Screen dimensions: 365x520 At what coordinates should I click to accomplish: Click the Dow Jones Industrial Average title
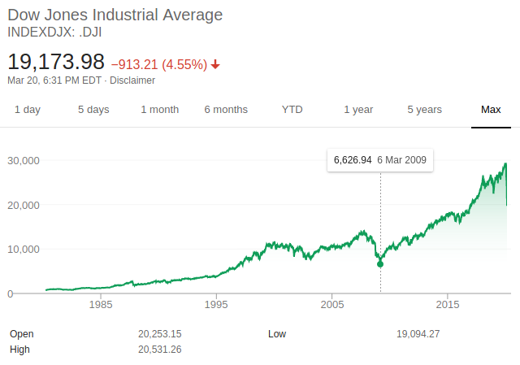click(115, 15)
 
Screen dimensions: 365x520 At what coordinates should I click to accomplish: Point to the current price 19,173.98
click(56, 62)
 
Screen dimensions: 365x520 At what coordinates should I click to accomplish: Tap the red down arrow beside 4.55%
click(215, 64)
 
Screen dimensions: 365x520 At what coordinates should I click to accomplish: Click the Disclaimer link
click(132, 80)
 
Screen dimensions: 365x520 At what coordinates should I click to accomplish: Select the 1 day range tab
click(28, 110)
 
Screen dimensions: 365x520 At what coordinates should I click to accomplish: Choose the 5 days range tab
click(93, 110)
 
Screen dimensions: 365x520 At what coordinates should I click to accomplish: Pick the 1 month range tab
click(159, 110)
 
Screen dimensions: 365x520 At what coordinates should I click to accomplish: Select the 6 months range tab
click(226, 110)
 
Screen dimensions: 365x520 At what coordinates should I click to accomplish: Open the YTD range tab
click(292, 110)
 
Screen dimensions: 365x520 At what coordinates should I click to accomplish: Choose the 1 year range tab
click(358, 110)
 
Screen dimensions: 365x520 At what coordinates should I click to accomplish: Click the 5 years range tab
click(424, 110)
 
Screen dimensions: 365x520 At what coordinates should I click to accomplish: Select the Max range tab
click(491, 110)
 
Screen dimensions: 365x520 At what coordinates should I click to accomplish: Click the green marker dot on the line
click(380, 263)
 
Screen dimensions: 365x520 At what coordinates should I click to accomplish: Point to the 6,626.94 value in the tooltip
click(353, 160)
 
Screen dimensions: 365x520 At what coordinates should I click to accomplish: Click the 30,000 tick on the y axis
click(24, 160)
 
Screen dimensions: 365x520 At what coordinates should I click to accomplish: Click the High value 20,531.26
click(160, 350)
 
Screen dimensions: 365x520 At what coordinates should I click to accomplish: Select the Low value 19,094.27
click(418, 334)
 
